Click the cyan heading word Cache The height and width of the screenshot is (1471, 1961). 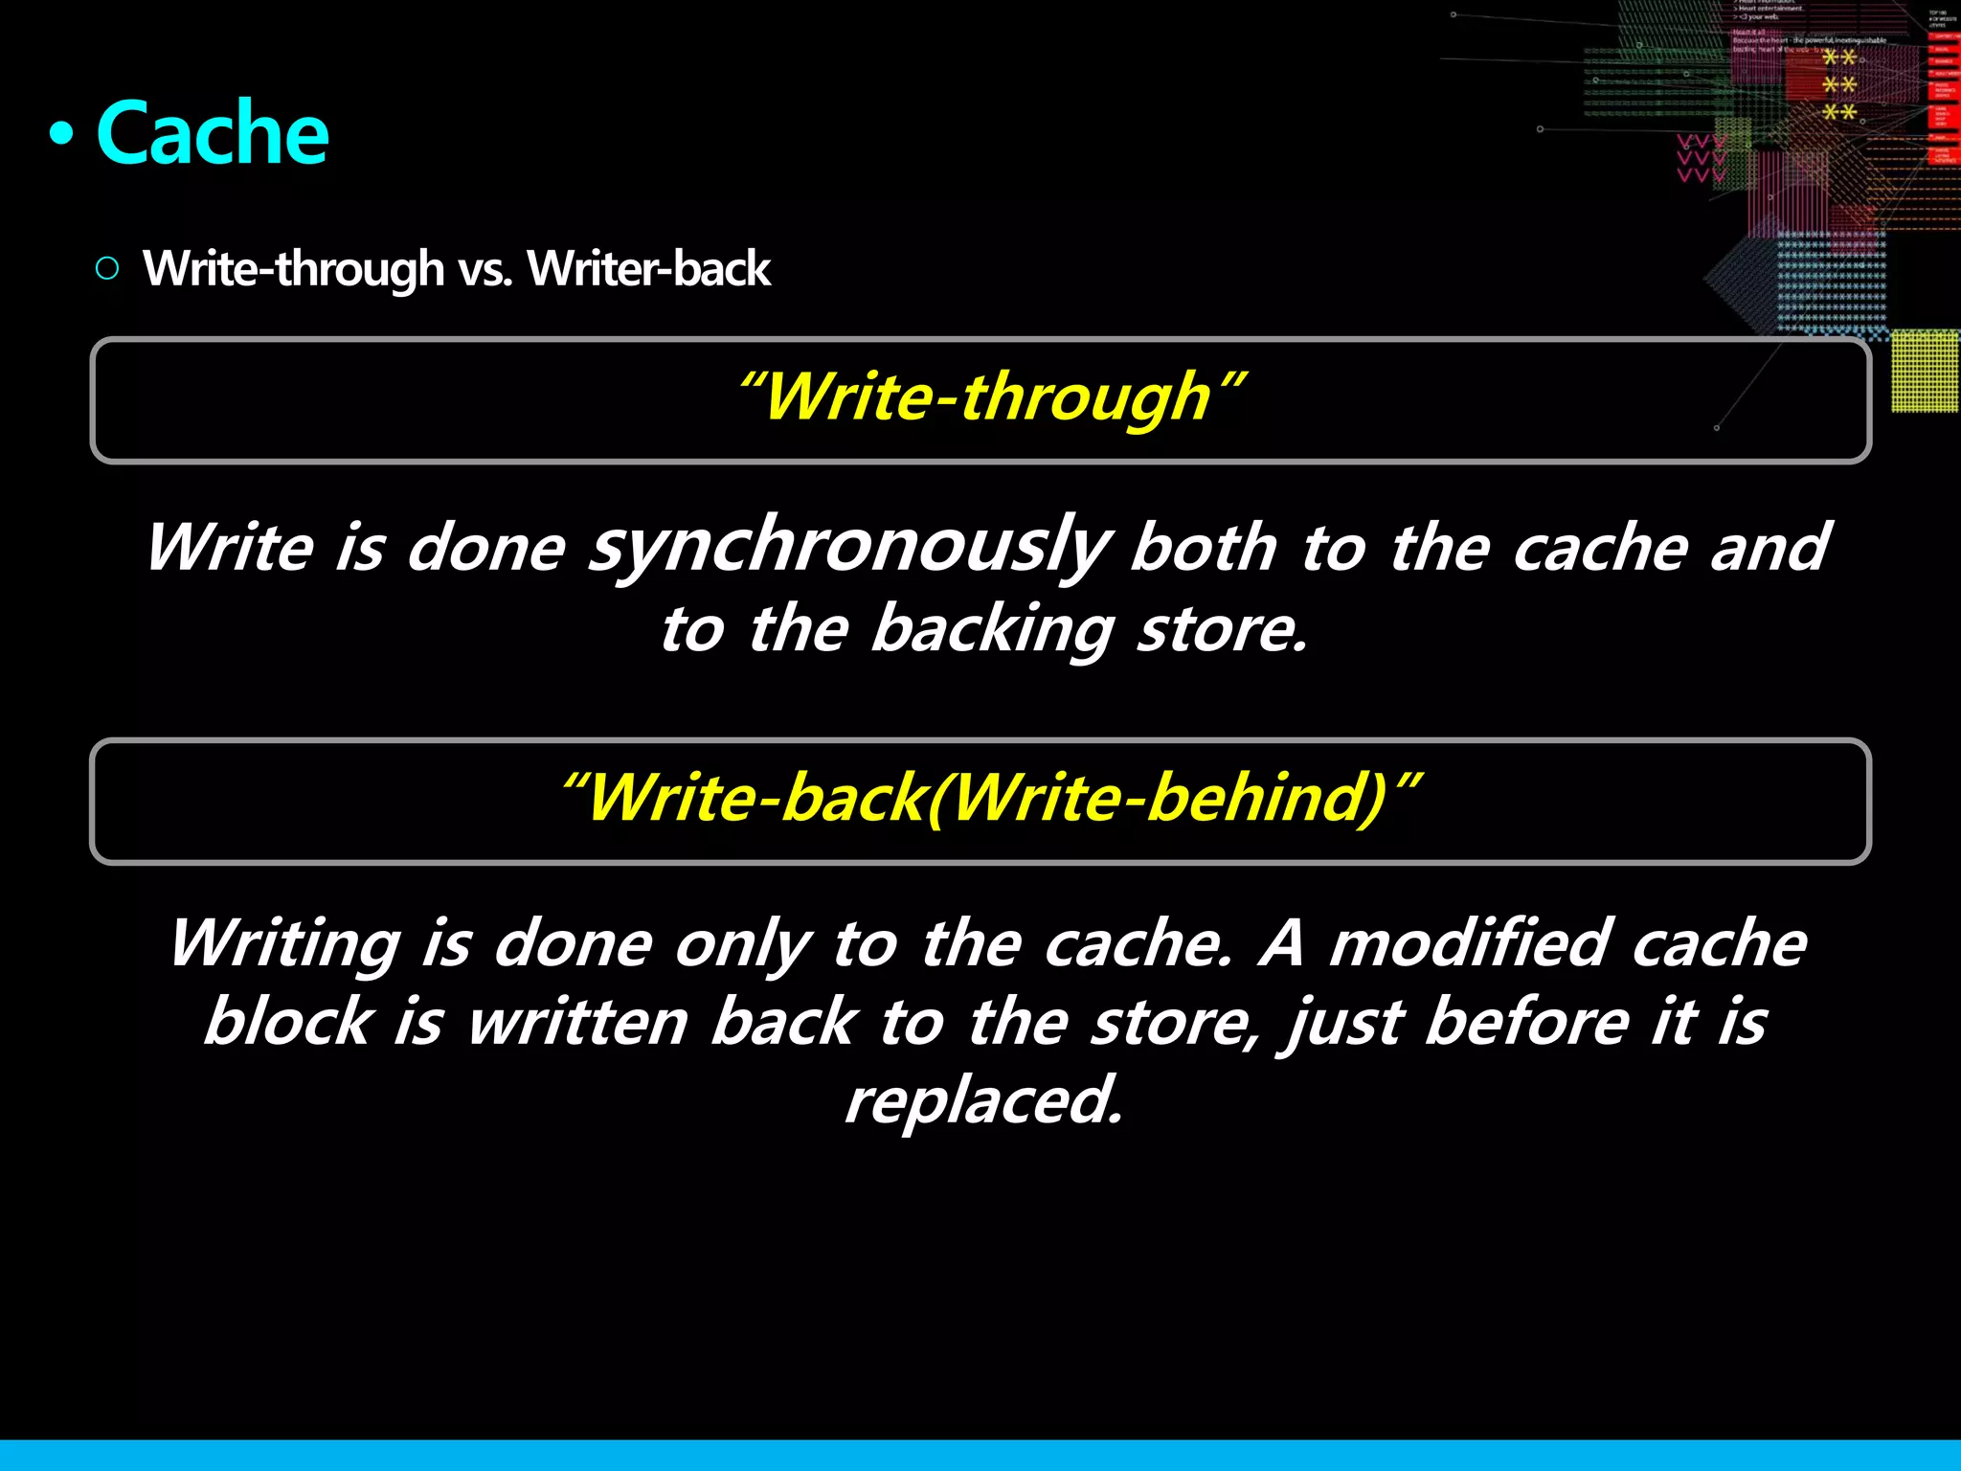coord(213,134)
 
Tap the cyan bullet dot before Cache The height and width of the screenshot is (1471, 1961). coord(61,135)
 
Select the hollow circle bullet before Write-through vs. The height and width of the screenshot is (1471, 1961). coord(107,268)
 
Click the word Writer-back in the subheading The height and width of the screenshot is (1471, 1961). coord(648,268)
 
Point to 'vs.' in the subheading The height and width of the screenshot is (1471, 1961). coord(485,270)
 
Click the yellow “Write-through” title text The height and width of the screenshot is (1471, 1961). coord(990,396)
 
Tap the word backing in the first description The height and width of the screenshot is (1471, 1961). coord(992,630)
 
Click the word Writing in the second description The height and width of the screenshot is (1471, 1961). coord(285,944)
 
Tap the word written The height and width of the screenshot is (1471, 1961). coord(577,1022)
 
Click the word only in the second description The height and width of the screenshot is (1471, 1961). coord(743,944)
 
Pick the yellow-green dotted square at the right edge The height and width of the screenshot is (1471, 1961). coord(1925,371)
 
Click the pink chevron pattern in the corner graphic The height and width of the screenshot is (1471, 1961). coord(1701,159)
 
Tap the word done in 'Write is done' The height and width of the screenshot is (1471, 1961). coord(485,549)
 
